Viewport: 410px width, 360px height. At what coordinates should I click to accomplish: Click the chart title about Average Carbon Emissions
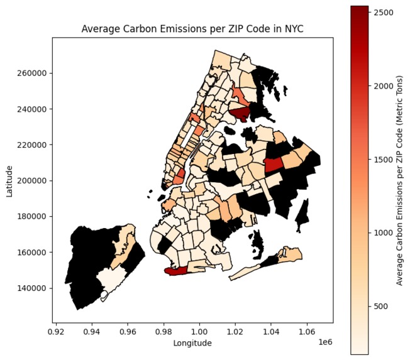(x=192, y=30)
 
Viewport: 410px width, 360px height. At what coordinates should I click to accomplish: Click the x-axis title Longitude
(x=192, y=343)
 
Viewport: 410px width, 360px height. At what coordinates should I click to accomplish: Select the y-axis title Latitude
(x=10, y=180)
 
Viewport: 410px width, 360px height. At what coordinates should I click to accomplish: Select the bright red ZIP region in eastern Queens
(x=274, y=165)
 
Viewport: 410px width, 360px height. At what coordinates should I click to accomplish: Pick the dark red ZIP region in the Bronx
(x=240, y=114)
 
